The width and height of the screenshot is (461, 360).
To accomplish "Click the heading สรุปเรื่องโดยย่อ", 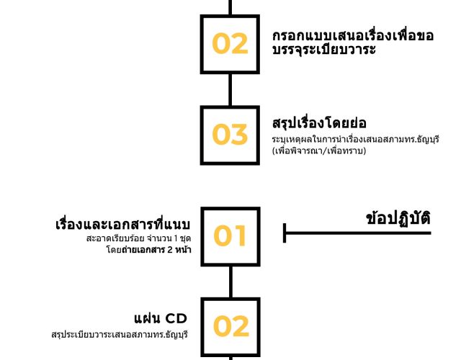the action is [x=319, y=123].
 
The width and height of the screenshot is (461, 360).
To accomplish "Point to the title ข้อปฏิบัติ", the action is [x=398, y=219].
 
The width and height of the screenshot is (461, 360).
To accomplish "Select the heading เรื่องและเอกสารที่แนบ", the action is [x=123, y=225].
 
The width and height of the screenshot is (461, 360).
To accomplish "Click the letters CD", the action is [x=176, y=318].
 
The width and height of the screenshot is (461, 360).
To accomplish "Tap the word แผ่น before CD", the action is [x=148, y=318].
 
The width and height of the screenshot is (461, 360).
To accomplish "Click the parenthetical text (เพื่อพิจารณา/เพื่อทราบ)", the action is [x=319, y=151].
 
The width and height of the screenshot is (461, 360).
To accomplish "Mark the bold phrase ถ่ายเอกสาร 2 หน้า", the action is [x=156, y=250].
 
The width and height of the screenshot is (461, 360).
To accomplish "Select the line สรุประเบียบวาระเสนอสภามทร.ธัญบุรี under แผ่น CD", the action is [x=120, y=335].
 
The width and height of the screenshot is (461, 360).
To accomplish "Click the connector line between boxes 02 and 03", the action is [x=230, y=89].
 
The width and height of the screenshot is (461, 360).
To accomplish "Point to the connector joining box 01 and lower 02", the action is [x=230, y=282].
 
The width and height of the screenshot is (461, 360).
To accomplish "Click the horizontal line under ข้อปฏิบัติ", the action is [x=357, y=233].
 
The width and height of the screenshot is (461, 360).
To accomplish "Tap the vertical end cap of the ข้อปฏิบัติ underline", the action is [x=285, y=233].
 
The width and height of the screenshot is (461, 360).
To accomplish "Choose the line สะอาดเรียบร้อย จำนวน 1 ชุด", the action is [x=139, y=238].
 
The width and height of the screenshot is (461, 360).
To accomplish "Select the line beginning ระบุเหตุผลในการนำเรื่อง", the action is [x=355, y=139].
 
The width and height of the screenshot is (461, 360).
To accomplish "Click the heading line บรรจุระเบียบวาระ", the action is [x=324, y=50].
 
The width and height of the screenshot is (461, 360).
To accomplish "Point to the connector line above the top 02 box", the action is [x=230, y=7].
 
